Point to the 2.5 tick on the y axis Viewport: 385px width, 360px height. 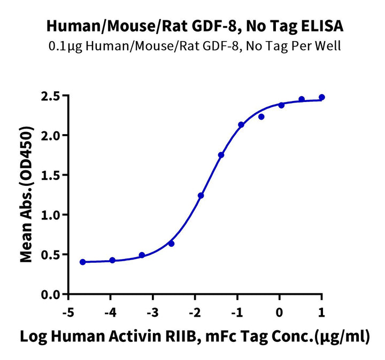[x=54, y=96]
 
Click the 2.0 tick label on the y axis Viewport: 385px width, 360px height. [x=54, y=136]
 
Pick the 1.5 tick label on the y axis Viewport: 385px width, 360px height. [x=54, y=175]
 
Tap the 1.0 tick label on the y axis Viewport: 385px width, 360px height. [x=54, y=215]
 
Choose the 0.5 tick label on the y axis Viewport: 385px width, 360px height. [x=54, y=254]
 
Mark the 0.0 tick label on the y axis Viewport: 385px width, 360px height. [x=54, y=294]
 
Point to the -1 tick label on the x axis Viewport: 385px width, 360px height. [x=236, y=312]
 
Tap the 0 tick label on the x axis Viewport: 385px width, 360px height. [x=280, y=312]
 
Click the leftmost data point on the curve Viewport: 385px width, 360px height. [x=82, y=262]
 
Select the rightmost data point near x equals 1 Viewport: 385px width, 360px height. [x=322, y=97]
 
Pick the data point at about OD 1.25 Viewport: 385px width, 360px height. [x=201, y=195]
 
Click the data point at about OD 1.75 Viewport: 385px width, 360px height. [x=221, y=155]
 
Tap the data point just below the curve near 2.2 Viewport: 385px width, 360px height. [x=261, y=116]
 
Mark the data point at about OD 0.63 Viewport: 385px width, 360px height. [x=171, y=244]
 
